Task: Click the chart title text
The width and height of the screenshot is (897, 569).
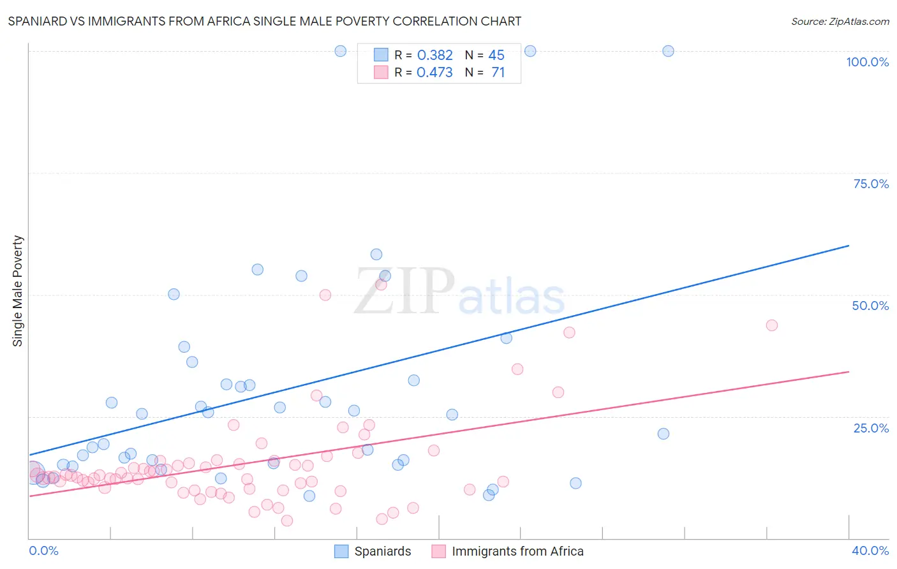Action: (265, 21)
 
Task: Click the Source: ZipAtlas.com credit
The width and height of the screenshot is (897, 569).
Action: (840, 21)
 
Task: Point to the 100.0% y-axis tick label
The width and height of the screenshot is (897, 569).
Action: (867, 62)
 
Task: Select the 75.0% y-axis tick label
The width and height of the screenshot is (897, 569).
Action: (871, 184)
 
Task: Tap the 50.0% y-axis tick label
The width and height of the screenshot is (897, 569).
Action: (870, 306)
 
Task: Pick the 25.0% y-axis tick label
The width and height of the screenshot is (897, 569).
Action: (871, 428)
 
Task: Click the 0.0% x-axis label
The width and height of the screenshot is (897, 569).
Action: (43, 551)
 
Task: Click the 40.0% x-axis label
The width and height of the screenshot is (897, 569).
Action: (870, 551)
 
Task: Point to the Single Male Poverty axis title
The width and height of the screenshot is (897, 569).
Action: (18, 291)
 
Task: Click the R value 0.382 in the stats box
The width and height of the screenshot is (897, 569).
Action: (434, 55)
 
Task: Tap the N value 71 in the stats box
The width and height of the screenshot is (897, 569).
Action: (498, 73)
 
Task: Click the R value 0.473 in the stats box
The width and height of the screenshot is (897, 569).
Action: (434, 73)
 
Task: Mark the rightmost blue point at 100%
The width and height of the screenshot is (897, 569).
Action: (668, 51)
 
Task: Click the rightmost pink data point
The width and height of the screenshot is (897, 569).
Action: (772, 325)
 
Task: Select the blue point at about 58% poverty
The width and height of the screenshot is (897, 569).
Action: (376, 255)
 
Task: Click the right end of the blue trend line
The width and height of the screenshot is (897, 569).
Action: (849, 246)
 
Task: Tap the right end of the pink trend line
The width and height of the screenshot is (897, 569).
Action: (849, 371)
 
